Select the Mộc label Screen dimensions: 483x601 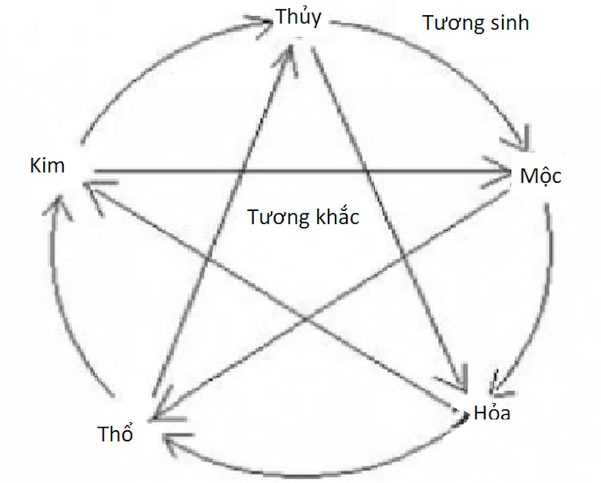click(540, 177)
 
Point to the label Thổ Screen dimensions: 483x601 click(115, 434)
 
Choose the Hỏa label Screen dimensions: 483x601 click(492, 413)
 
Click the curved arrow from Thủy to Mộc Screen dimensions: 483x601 click(448, 56)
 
